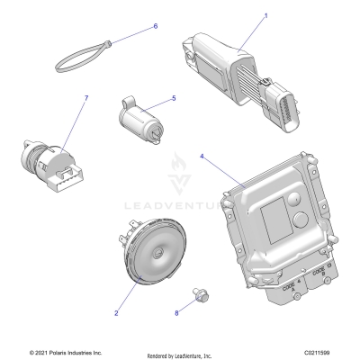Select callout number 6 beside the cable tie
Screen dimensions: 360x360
pos(155,27)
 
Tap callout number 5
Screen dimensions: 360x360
pos(173,98)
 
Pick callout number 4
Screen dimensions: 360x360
pos(202,157)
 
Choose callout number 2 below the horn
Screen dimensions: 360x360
pos(116,313)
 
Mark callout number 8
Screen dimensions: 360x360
pos(176,311)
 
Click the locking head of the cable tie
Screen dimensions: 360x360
pos(108,42)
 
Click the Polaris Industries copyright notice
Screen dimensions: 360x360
pos(66,353)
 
